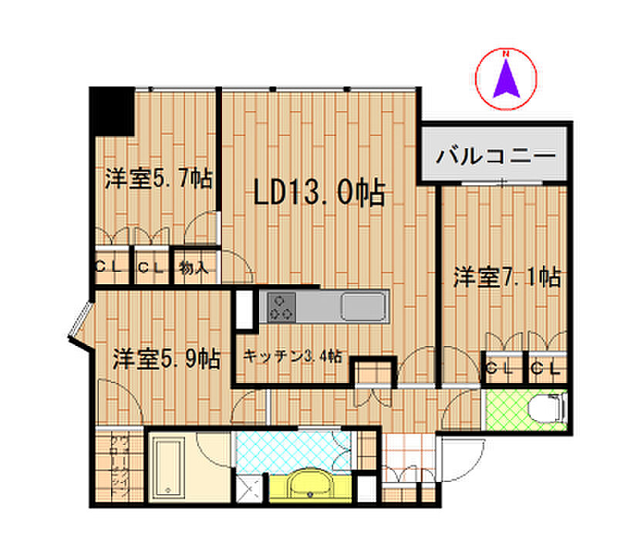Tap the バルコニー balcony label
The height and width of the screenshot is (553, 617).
[x=496, y=154]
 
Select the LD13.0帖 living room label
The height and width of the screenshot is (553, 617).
[x=319, y=193]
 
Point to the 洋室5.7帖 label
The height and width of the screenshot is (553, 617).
[x=159, y=179]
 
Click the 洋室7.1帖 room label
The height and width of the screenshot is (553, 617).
[x=506, y=276]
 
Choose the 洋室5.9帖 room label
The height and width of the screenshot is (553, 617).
[x=167, y=358]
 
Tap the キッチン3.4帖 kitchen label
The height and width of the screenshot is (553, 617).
[x=293, y=357]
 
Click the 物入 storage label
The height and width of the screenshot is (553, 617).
[x=194, y=268]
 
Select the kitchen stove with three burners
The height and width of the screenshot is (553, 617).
[x=282, y=307]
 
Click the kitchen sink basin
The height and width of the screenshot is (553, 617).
[x=362, y=307]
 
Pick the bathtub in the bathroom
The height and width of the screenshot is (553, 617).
[x=167, y=466]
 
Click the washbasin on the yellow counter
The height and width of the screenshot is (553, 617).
[x=311, y=487]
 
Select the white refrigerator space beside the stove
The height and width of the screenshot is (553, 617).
[x=245, y=307]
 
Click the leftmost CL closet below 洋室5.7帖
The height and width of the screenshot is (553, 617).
[x=110, y=267]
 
